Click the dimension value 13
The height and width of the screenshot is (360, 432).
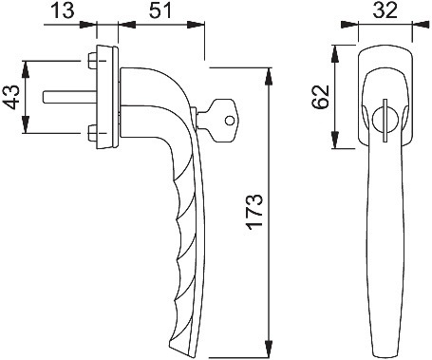63,10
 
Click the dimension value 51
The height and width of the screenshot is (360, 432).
160,10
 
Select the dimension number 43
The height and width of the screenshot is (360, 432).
11,97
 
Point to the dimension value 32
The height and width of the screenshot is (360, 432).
385,10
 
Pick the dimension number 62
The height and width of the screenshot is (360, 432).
320,97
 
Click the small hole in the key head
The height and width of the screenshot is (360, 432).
230,121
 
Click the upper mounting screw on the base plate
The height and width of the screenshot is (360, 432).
92,61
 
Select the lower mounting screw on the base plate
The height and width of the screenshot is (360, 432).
92,133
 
